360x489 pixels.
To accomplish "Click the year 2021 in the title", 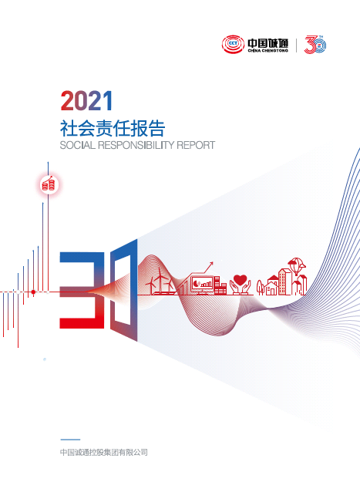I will [x=86, y=100].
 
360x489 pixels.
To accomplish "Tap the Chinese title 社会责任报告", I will [x=112, y=126].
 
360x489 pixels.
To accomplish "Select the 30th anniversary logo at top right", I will [x=316, y=46].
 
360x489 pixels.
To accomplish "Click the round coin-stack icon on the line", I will [x=49, y=184].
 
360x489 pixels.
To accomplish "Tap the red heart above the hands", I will [x=240, y=279].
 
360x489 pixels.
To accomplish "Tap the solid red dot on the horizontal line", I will [x=33, y=292].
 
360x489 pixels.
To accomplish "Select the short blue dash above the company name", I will [x=69, y=440].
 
